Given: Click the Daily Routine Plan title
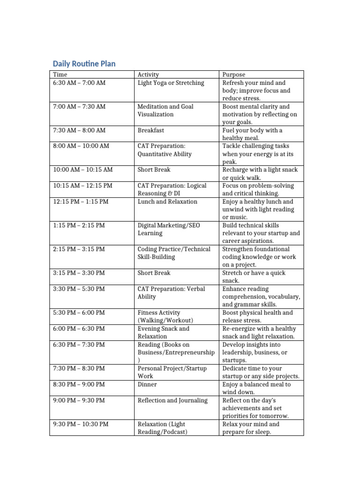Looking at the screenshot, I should click(x=84, y=63).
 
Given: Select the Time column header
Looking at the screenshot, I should click(x=60, y=75).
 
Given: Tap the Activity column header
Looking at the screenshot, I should click(x=148, y=75).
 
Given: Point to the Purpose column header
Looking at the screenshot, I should click(x=233, y=75).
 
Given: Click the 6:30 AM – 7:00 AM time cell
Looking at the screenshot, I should click(x=79, y=83).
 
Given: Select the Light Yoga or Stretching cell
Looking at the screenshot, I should click(x=171, y=83).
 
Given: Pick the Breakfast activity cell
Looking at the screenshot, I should click(x=151, y=130).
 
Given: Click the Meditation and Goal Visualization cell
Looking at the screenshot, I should click(x=165, y=110).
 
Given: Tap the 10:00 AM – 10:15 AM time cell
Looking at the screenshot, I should click(x=83, y=170).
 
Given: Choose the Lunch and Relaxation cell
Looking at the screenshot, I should click(x=167, y=202).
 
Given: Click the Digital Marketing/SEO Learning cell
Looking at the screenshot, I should click(x=169, y=229).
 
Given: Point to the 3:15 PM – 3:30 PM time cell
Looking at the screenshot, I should click(x=79, y=273).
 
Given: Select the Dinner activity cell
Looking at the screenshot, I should click(x=147, y=384).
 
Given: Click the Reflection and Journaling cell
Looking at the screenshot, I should click(x=172, y=400).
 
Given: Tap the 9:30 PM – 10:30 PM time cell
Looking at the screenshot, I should click(x=81, y=424).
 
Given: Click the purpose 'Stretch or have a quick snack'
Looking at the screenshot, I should click(x=254, y=277).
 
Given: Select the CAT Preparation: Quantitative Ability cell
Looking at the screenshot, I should click(x=165, y=150).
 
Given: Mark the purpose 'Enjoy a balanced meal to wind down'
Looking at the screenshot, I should click(x=256, y=388).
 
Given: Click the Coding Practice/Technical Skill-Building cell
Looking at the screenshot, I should click(x=174, y=253).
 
